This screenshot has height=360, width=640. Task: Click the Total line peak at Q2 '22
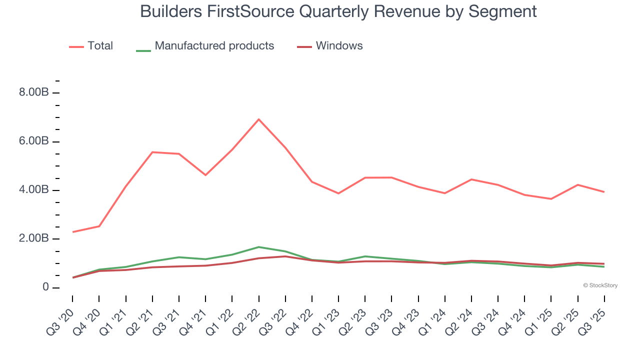click(x=258, y=119)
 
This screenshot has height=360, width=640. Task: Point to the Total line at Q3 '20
click(x=73, y=232)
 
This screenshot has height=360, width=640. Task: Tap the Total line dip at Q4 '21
click(x=205, y=175)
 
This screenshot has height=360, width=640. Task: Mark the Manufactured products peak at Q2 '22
click(x=258, y=247)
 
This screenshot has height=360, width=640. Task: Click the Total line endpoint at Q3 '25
click(x=604, y=192)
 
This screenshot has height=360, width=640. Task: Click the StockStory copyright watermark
click(x=600, y=285)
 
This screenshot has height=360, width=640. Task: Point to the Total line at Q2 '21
click(x=152, y=152)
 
